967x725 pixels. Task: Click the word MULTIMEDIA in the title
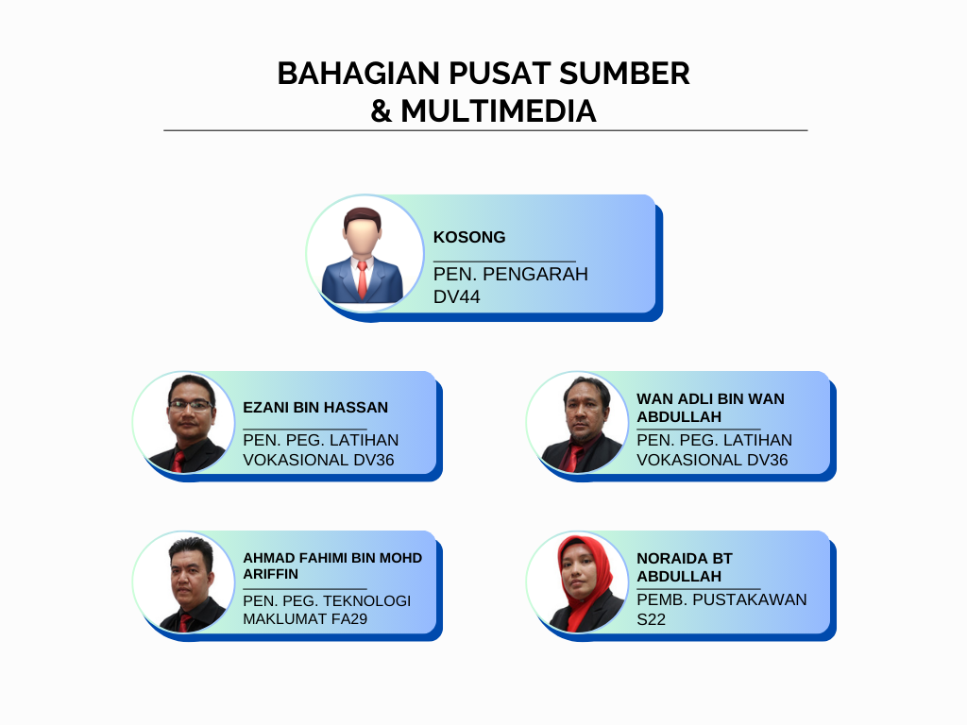499,111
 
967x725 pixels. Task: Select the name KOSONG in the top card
469,237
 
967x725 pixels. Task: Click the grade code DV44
456,297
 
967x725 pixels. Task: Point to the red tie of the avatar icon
362,279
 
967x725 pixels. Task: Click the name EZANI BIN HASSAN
315,408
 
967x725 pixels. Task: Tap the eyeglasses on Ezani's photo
191,405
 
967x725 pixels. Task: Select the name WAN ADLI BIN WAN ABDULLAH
710,408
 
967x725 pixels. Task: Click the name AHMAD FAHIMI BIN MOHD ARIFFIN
332,566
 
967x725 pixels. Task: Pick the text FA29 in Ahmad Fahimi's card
349,619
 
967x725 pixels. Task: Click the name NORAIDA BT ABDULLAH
685,567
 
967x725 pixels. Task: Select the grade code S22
652,619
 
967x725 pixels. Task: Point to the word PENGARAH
535,275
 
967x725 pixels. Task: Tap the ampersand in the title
381,111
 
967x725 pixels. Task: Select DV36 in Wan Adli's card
767,460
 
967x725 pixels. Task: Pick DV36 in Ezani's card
374,460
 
